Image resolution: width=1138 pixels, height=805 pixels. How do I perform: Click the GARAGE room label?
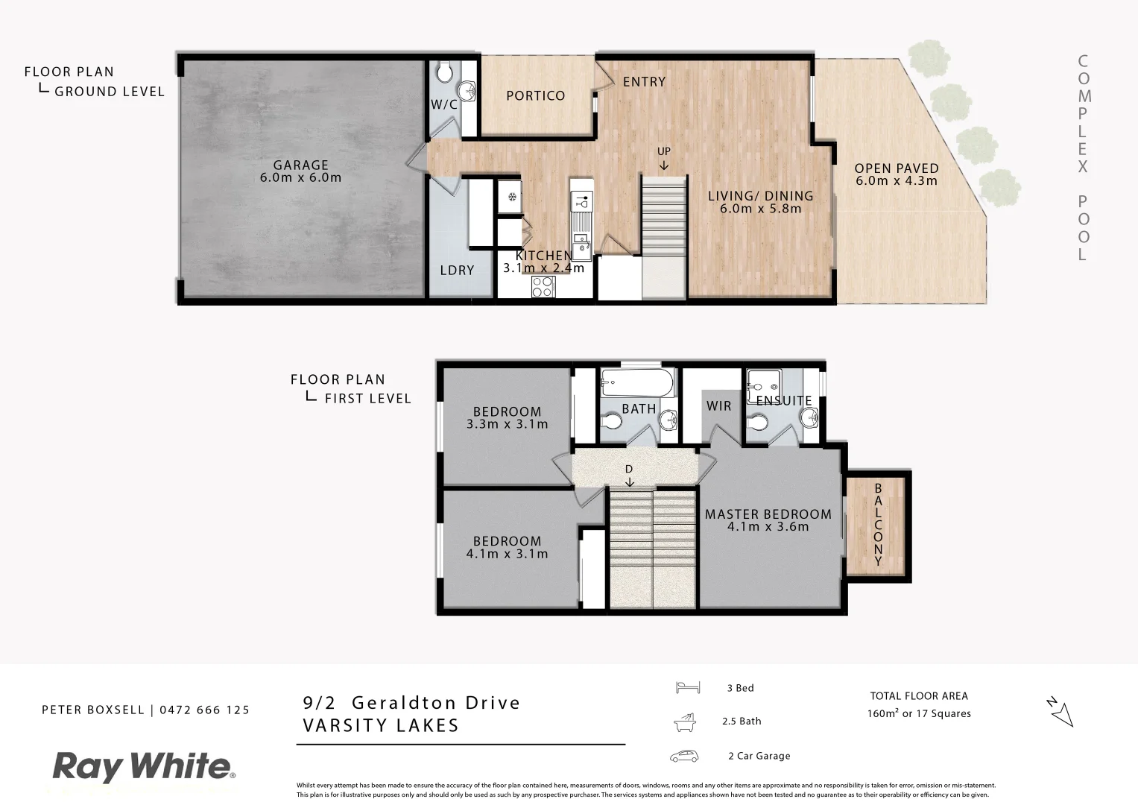pyautogui.click(x=300, y=165)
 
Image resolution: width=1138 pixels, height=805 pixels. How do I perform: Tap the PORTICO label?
pyautogui.click(x=535, y=95)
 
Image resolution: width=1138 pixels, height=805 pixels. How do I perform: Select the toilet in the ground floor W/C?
pyautogui.click(x=445, y=72)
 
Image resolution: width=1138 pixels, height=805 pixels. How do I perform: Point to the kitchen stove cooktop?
pyautogui.click(x=543, y=286)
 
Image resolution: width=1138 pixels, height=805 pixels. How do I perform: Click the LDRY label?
pyautogui.click(x=457, y=270)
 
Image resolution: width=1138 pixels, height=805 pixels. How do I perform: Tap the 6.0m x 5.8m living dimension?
pyautogui.click(x=760, y=209)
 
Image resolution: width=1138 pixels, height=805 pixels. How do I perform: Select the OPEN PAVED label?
pyautogui.click(x=896, y=168)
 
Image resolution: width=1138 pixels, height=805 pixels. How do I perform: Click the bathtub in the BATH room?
pyautogui.click(x=637, y=384)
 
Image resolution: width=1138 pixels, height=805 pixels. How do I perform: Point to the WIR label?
pyautogui.click(x=719, y=406)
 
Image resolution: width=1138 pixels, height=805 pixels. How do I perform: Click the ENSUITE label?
pyautogui.click(x=783, y=401)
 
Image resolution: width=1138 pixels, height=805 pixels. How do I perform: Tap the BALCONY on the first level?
pyautogui.click(x=877, y=525)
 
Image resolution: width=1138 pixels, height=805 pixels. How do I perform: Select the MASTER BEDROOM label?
pyautogui.click(x=768, y=514)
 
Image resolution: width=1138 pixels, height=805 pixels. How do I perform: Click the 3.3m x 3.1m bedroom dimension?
pyautogui.click(x=507, y=424)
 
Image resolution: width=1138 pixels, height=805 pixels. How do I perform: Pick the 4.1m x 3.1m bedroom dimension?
pyautogui.click(x=507, y=554)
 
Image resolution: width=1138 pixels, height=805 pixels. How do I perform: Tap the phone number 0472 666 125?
pyautogui.click(x=203, y=710)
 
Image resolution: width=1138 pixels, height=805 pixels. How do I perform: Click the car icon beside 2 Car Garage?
pyautogui.click(x=684, y=756)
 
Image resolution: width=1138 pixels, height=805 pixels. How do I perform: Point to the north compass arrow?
pyautogui.click(x=1060, y=712)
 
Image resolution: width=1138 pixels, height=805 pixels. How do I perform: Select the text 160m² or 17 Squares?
pyautogui.click(x=918, y=713)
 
